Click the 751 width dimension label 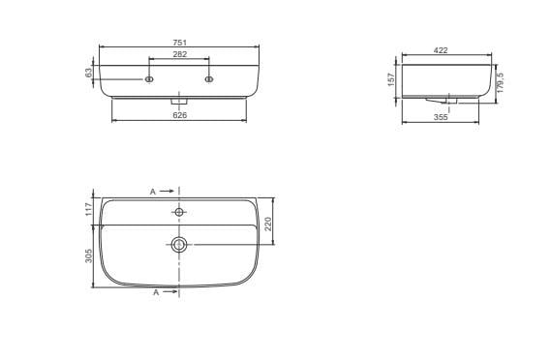179,43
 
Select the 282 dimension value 179,54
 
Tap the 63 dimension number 88,73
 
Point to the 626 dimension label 179,115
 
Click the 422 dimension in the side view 441,50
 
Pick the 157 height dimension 391,79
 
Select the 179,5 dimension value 501,82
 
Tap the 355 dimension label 441,117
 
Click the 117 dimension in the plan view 88,209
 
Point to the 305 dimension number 88,255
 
